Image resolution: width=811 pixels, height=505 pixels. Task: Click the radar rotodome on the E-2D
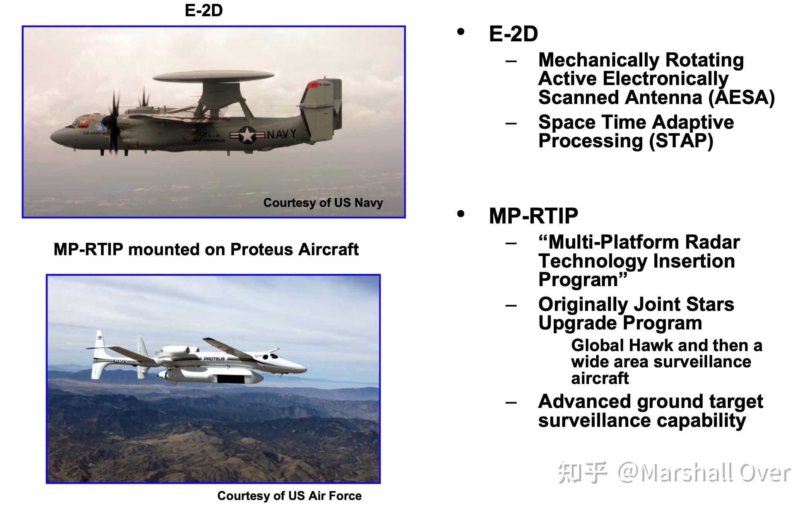214,76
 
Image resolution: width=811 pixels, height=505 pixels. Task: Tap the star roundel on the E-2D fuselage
247,135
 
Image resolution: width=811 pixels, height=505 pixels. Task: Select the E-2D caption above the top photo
204,10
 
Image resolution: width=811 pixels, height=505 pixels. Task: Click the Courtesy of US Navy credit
323,203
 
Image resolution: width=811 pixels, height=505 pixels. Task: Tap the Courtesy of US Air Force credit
289,496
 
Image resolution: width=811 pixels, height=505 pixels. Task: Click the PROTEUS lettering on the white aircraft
214,359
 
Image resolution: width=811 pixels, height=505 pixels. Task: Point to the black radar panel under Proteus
231,379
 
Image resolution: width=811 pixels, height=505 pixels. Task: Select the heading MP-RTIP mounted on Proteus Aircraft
206,249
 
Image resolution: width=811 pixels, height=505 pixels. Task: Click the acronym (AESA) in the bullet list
741,97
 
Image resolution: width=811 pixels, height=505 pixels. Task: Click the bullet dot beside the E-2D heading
460,32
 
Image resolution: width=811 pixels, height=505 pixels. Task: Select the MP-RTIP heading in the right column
534,215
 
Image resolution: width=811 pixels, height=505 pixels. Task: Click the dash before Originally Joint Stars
511,305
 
